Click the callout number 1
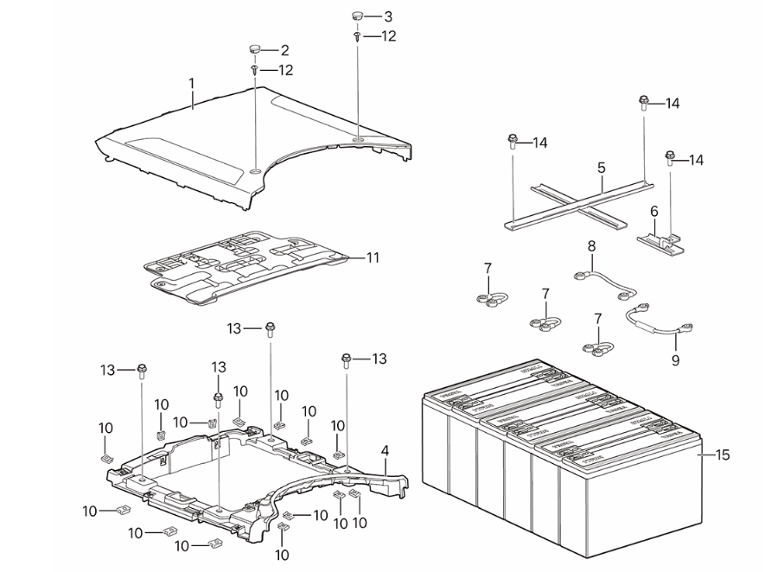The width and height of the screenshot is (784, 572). (192, 85)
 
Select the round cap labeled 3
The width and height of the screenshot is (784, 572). (357, 16)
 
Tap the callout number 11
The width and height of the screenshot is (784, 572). (373, 257)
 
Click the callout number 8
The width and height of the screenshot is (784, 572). (592, 246)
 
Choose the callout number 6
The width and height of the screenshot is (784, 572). (653, 211)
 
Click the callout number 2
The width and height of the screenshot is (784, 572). (284, 50)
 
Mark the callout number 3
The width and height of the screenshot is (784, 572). (387, 16)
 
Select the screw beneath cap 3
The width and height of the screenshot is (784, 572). (357, 37)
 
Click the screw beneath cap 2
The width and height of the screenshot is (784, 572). (255, 69)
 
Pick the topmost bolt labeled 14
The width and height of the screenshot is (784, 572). (644, 102)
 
